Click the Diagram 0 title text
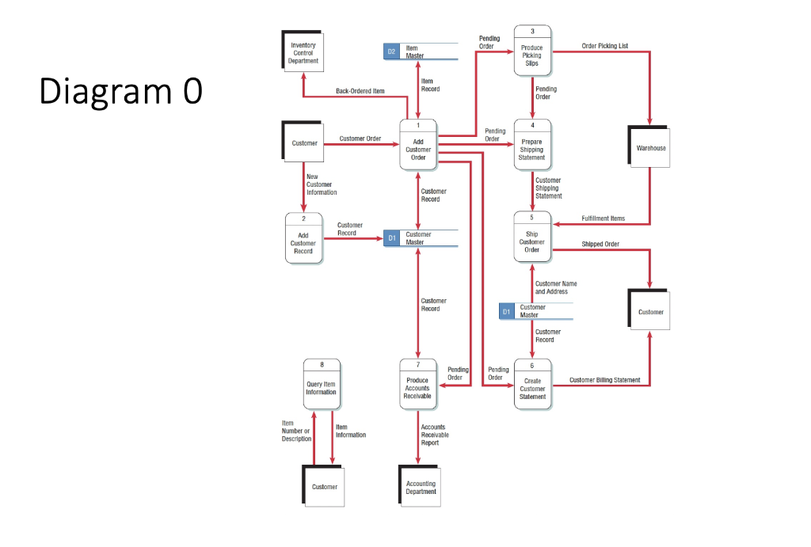coord(120,92)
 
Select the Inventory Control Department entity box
coord(303,52)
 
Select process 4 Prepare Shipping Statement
coord(532,146)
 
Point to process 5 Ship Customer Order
coord(532,238)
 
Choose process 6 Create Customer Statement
coord(532,385)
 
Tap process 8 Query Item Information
coord(322,385)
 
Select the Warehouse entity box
coord(651,147)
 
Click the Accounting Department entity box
coord(421,487)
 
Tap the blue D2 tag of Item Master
coord(391,51)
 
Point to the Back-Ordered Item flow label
coord(360,91)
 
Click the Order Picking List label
coord(604,46)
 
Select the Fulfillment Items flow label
coord(603,218)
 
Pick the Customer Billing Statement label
coord(604,380)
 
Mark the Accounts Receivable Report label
coord(435,435)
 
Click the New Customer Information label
coord(322,184)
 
